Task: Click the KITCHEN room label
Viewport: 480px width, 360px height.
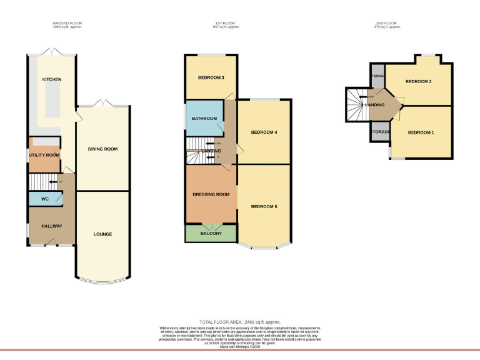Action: point(51,79)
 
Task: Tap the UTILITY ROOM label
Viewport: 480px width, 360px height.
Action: point(44,155)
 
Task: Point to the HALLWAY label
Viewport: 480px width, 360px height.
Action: point(51,226)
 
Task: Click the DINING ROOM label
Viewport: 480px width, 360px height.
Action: point(102,149)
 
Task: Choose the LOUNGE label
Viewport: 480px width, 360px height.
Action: point(102,234)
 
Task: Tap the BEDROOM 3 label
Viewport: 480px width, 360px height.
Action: point(211,77)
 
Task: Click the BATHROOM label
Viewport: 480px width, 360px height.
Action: point(204,119)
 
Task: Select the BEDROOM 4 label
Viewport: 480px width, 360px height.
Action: point(264,132)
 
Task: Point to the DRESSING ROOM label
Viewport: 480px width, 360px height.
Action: point(211,194)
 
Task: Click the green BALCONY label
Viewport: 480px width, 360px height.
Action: point(211,234)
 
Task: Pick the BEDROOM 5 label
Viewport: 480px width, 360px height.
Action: point(264,206)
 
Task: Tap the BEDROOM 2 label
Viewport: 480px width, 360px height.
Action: point(418,82)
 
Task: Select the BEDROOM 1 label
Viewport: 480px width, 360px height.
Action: point(421,132)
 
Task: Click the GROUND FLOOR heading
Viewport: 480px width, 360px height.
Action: point(67,24)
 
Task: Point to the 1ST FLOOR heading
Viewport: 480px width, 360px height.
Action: point(226,24)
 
